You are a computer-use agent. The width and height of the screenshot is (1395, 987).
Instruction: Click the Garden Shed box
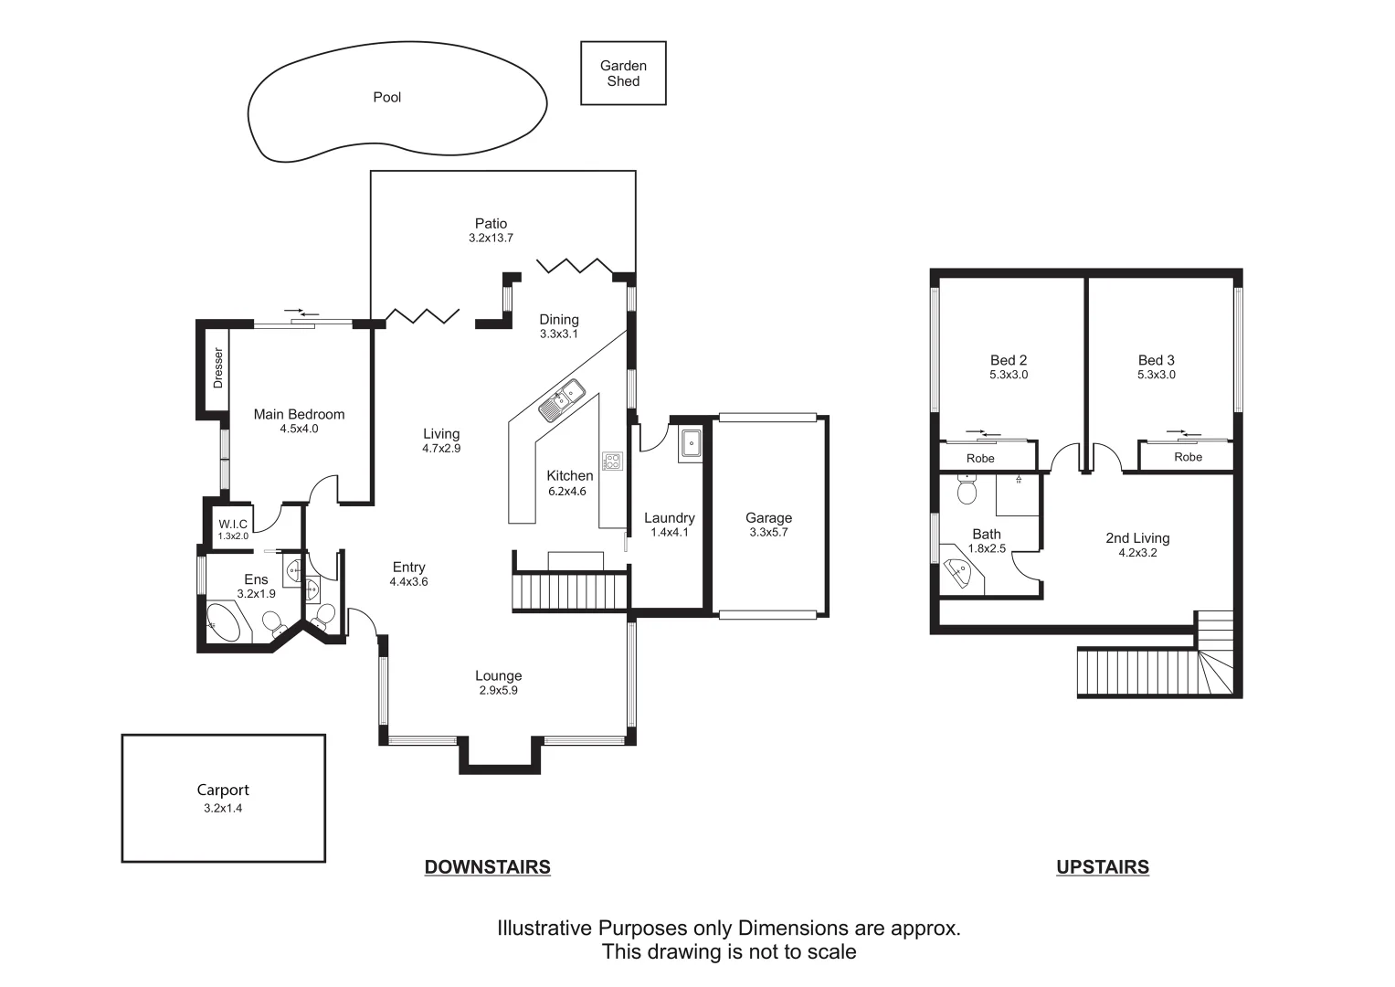click(x=623, y=73)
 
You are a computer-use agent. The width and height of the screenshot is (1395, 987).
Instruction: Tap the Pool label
click(x=386, y=97)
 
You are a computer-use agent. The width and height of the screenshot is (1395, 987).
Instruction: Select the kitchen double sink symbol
click(x=562, y=399)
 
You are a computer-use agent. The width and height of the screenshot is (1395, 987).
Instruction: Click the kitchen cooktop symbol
click(x=611, y=461)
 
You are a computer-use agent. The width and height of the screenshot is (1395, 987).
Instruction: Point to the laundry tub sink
click(x=691, y=445)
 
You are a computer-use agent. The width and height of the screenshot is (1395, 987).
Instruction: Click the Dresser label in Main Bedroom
click(x=217, y=367)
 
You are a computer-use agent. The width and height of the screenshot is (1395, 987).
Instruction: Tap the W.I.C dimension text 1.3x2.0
click(x=233, y=536)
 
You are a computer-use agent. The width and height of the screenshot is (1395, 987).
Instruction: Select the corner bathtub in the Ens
click(x=225, y=622)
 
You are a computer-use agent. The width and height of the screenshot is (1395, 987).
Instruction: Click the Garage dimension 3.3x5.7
click(x=768, y=532)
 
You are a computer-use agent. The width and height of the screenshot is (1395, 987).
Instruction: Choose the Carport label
click(x=223, y=791)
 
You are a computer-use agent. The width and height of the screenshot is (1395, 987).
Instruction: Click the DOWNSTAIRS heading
click(x=487, y=867)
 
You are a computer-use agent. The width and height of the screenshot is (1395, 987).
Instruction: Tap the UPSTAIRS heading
click(x=1102, y=867)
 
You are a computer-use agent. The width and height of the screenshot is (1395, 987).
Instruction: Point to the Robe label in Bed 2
click(x=980, y=458)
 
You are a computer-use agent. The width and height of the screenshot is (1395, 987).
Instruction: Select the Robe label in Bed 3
click(x=1188, y=457)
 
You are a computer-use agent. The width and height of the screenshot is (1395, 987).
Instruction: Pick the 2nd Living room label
click(x=1137, y=538)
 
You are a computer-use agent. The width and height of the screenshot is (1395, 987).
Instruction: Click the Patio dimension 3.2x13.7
click(x=491, y=238)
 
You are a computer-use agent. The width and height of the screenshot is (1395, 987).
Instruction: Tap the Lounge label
click(x=498, y=676)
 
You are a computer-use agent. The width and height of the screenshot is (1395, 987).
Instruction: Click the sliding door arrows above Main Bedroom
click(x=302, y=313)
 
